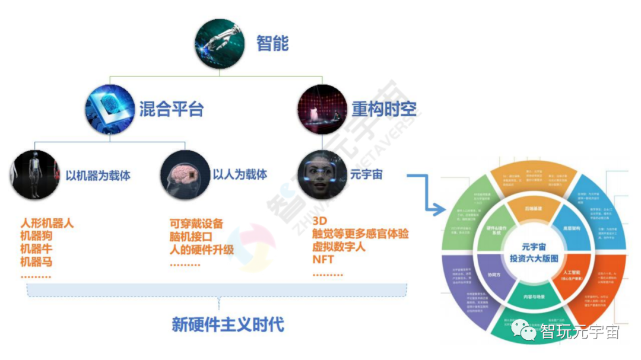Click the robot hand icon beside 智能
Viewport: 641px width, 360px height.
click(219, 42)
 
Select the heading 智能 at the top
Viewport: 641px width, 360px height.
click(272, 43)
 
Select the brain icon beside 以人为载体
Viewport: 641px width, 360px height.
click(185, 174)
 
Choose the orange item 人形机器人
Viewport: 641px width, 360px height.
click(47, 224)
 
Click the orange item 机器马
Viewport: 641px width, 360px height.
click(34, 262)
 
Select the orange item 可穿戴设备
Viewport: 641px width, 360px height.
click(196, 224)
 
